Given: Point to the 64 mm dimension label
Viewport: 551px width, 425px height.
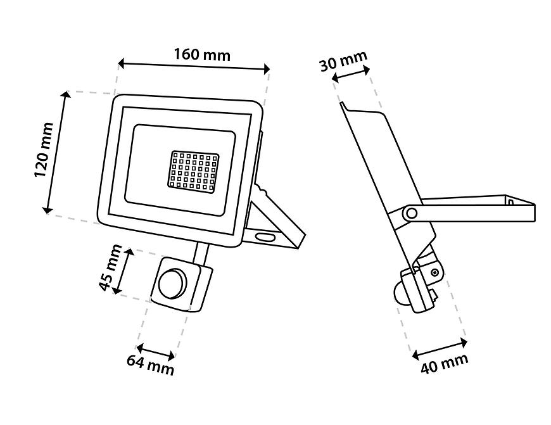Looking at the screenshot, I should (150, 365).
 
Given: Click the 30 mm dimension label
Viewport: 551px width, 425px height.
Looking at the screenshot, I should (343, 61).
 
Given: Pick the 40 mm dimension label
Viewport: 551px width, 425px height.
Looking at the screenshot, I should (445, 365).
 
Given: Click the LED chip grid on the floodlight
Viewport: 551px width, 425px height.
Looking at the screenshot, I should (191, 170).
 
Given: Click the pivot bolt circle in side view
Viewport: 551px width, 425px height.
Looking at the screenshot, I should (410, 213).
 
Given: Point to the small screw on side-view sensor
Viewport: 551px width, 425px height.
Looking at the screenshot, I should (434, 272).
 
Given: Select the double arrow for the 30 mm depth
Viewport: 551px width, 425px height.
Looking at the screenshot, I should (351, 75).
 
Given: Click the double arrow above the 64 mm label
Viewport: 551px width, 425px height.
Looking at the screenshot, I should (156, 352).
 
